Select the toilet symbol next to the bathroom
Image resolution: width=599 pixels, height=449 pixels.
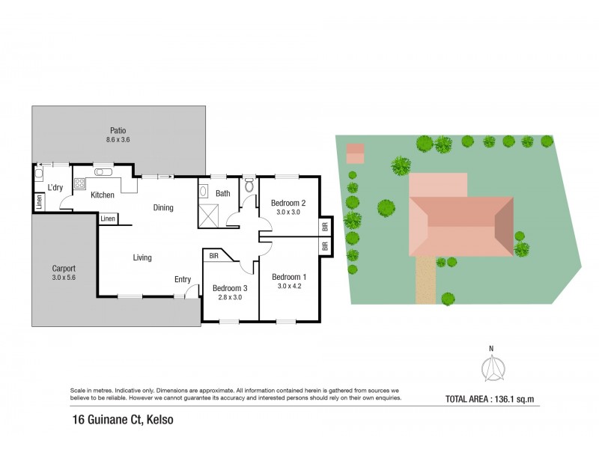point(249,186)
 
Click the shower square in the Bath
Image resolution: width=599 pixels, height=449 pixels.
point(209,216)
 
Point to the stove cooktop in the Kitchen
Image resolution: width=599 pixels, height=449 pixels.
point(79,183)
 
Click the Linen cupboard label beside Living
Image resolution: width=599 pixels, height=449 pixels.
point(108,219)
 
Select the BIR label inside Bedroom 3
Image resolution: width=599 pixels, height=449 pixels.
point(214,256)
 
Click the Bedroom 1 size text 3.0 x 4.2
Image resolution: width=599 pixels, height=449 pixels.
point(288,286)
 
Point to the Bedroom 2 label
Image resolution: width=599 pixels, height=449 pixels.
point(288,203)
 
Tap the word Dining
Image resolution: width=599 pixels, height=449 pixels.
point(163,208)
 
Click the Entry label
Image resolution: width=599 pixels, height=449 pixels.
point(183,280)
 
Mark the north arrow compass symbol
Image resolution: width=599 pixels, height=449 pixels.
point(492,367)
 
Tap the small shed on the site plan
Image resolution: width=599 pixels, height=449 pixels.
point(355,153)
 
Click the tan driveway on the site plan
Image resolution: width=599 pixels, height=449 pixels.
point(425,280)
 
